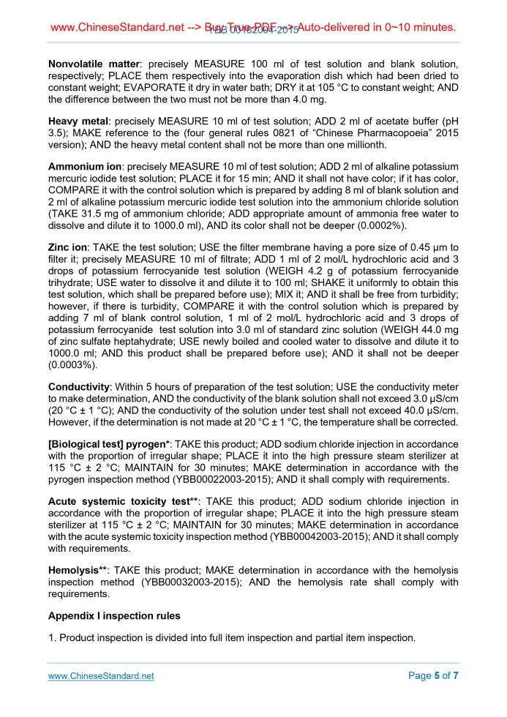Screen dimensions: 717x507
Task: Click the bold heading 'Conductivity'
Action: (78, 387)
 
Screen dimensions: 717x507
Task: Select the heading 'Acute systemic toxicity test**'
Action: (124, 502)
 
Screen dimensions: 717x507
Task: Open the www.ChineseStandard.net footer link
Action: (101, 676)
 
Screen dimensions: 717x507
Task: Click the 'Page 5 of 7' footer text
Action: (433, 676)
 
